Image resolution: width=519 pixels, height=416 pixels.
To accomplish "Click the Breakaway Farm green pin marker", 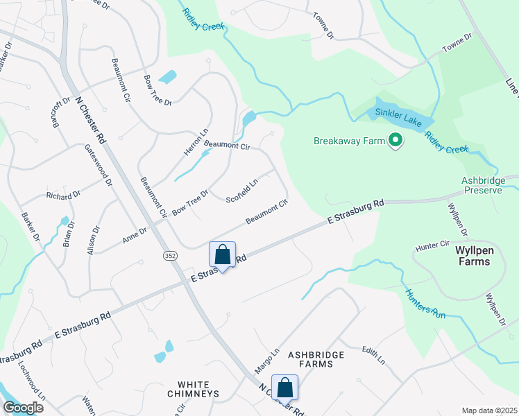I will (396, 141).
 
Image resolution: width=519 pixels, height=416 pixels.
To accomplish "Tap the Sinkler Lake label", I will (399, 112).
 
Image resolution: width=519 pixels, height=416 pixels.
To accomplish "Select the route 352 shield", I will (170, 256).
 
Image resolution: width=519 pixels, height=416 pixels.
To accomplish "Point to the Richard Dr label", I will (64, 196).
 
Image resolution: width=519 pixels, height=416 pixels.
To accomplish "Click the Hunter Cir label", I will (433, 245).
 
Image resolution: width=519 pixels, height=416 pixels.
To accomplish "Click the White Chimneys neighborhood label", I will (198, 389).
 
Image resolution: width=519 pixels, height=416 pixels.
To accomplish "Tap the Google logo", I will (24, 408).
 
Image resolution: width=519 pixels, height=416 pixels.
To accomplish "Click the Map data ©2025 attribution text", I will (488, 410).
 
